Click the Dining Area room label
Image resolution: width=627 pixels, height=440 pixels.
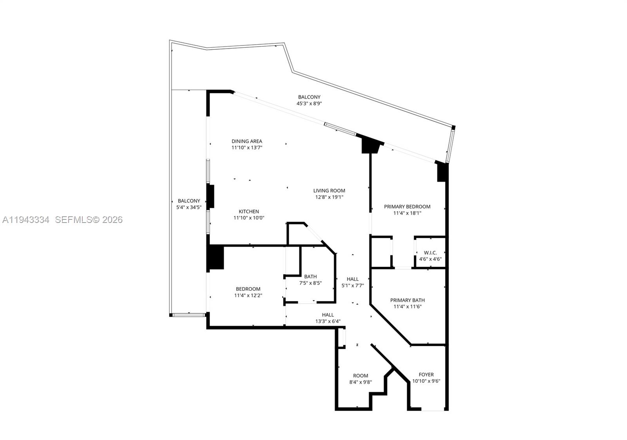(x=246, y=141)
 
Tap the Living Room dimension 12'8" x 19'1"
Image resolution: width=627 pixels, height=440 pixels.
(x=329, y=197)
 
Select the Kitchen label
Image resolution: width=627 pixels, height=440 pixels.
(x=249, y=212)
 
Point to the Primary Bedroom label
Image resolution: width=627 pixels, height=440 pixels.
(x=407, y=206)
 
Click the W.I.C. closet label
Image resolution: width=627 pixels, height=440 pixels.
(x=430, y=253)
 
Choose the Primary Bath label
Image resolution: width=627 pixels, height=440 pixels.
(x=407, y=300)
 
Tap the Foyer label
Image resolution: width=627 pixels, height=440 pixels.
(x=426, y=375)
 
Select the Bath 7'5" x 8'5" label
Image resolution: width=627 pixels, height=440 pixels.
(x=310, y=277)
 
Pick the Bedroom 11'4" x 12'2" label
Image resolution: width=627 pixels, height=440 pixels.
(x=248, y=289)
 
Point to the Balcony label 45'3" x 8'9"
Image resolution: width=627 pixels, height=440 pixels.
(x=309, y=97)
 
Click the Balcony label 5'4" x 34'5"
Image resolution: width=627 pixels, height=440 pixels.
(x=189, y=201)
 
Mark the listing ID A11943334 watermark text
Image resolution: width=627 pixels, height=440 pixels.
(x=26, y=220)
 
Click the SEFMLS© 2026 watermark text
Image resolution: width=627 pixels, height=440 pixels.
(x=89, y=220)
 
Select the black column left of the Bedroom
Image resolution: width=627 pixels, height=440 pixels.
(x=215, y=257)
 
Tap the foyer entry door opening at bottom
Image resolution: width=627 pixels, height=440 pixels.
(x=433, y=410)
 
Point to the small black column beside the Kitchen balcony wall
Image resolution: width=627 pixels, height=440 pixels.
(x=210, y=196)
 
